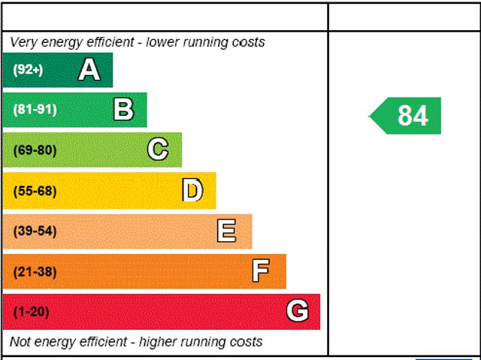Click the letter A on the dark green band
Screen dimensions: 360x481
point(89,70)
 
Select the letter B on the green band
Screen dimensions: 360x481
point(123,110)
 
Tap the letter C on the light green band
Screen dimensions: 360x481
point(158,150)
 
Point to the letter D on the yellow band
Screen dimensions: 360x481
point(192,191)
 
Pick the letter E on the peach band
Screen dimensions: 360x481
point(226,231)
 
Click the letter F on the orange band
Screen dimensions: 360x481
point(261,271)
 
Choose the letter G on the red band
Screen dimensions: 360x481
point(298,311)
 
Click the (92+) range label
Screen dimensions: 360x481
point(28,70)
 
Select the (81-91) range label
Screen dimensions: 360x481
point(35,110)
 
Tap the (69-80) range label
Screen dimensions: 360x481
point(35,150)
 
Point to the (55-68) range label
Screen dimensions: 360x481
point(35,191)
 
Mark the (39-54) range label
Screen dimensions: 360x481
point(35,231)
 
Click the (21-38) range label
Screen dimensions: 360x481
point(35,271)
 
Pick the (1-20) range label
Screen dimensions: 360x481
point(31,311)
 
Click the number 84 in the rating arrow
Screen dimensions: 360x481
point(413,116)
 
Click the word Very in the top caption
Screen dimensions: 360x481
point(23,42)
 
